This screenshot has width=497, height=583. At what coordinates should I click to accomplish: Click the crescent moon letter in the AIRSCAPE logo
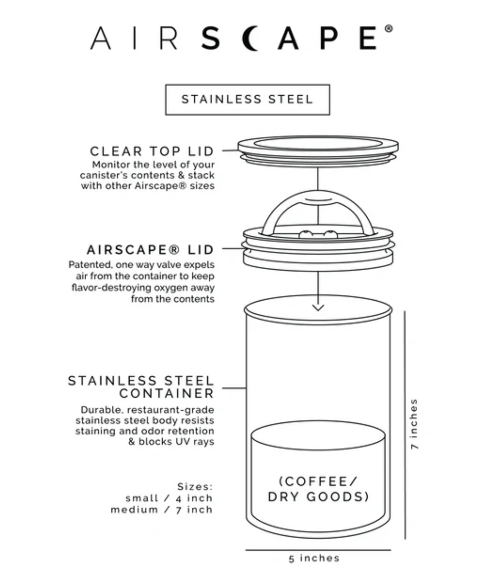[252, 38]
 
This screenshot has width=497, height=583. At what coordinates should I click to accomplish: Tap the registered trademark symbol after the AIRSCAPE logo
[388, 29]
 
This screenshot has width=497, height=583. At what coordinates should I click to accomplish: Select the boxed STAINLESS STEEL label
[247, 99]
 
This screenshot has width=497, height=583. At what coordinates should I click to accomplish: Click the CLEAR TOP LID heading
[152, 151]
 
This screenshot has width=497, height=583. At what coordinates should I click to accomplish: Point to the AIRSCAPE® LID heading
[150, 250]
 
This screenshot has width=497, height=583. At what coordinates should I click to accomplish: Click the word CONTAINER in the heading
[166, 393]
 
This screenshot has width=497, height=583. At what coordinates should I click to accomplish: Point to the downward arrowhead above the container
[318, 307]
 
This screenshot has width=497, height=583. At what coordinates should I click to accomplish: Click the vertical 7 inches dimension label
[414, 424]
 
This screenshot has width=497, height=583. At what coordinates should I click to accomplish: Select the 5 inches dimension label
[314, 558]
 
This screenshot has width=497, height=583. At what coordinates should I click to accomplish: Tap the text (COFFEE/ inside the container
[318, 481]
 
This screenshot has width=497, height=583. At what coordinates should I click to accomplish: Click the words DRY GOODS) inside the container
[318, 497]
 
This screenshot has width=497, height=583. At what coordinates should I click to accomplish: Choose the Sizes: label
[195, 487]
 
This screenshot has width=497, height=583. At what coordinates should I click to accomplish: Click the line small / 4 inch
[169, 498]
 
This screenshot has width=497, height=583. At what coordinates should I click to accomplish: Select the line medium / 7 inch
[161, 509]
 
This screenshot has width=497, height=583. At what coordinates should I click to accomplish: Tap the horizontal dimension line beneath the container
[318, 550]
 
